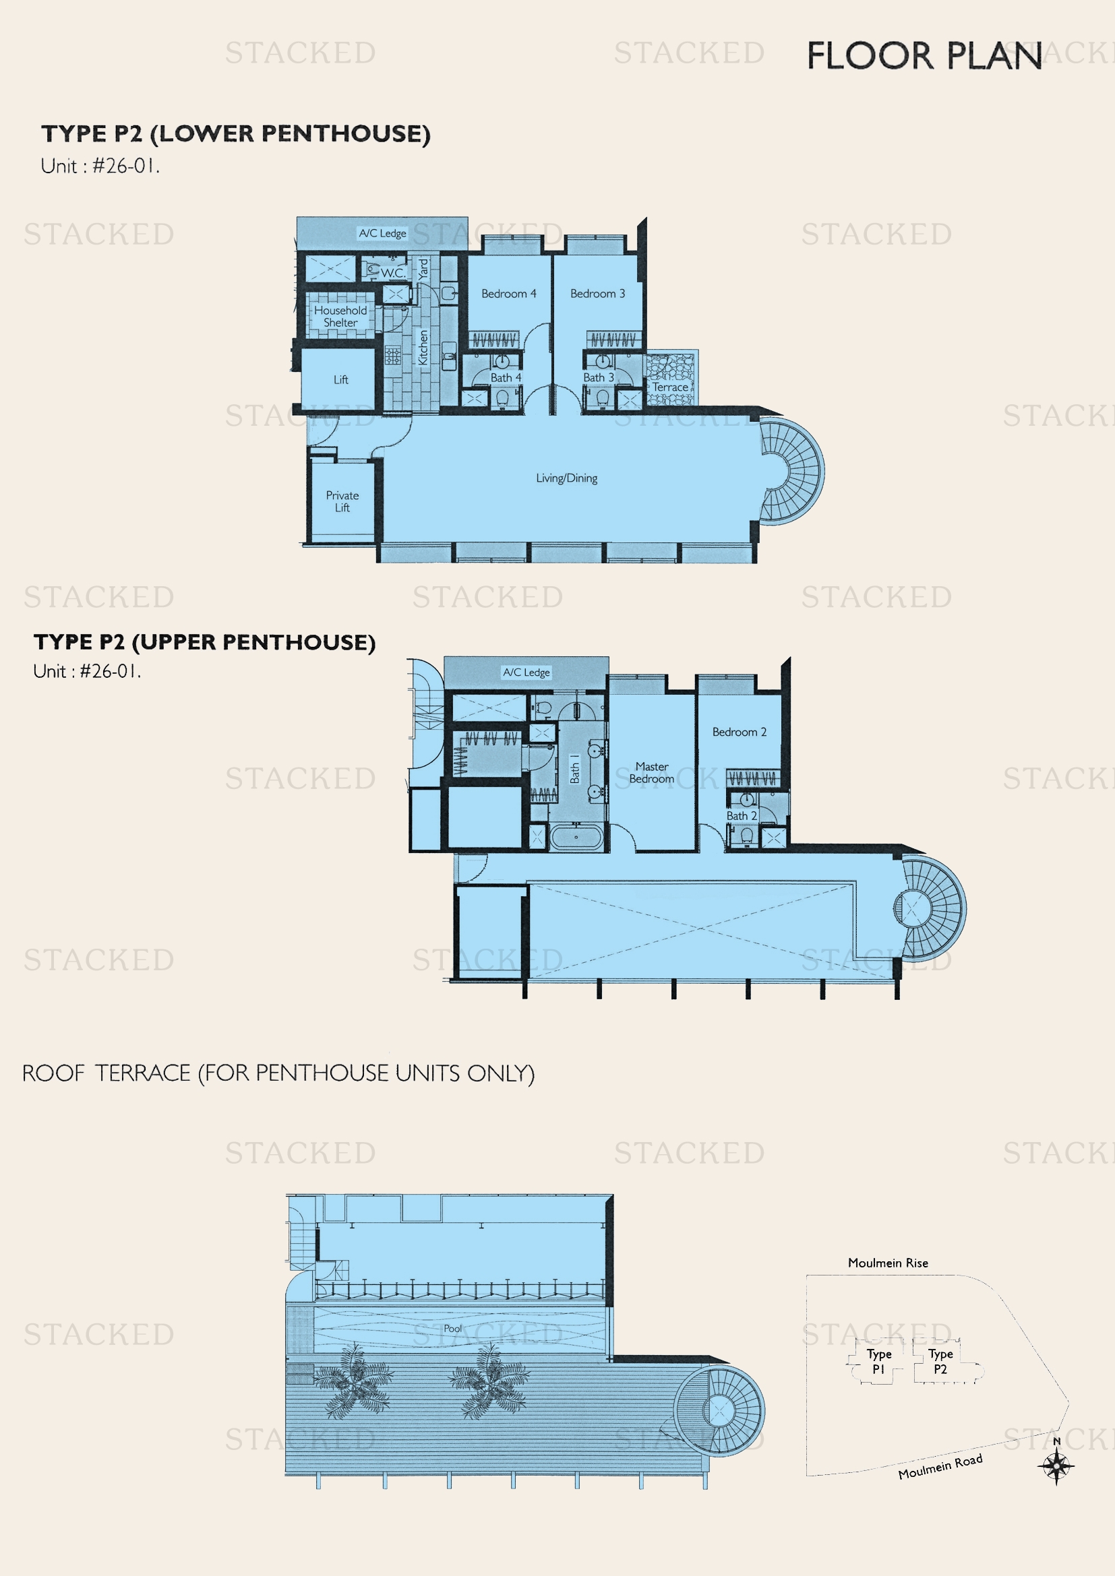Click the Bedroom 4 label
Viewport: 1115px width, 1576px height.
pos(508,294)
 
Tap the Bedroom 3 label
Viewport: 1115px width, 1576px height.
pos(597,294)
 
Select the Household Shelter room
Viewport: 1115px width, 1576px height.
pos(340,317)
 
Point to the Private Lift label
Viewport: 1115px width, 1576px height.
pos(342,501)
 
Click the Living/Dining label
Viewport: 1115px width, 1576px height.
pos(566,478)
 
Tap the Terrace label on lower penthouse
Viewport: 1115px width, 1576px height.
pos(670,387)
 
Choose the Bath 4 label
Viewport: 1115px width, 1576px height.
pos(506,377)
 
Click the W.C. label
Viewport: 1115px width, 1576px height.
pos(393,272)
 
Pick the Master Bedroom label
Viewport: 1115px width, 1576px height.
pos(652,772)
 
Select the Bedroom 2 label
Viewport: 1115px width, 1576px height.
pos(739,732)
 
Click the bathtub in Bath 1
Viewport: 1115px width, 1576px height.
pos(576,838)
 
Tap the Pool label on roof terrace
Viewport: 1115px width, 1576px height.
pos(453,1328)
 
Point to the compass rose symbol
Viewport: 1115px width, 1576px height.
pos(1056,1467)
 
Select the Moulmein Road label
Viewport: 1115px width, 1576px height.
pos(940,1466)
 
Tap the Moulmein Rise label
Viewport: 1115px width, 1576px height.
pos(888,1263)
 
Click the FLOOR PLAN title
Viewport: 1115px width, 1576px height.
pos(924,56)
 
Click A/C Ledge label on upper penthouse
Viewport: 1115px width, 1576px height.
pos(526,672)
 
